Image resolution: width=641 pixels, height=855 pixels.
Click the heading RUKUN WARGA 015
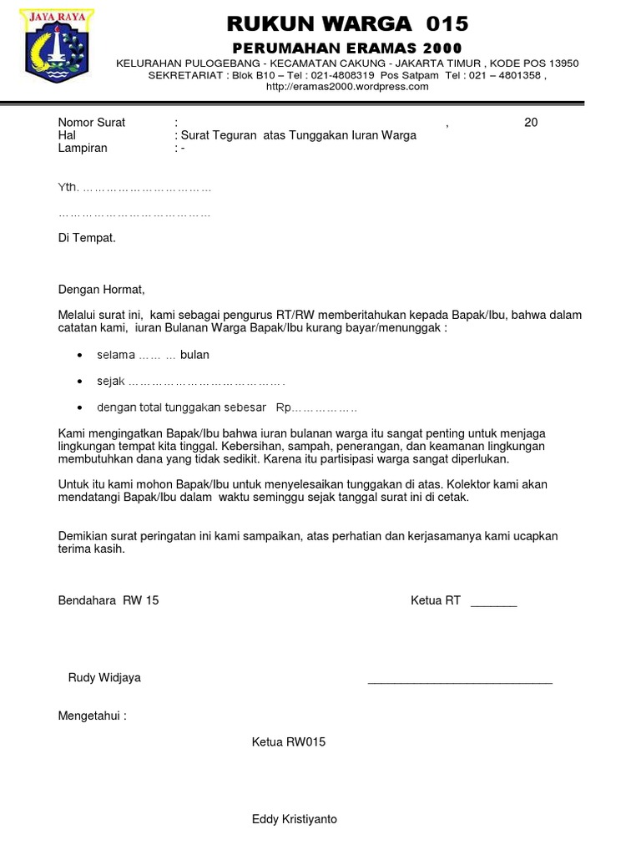(x=347, y=23)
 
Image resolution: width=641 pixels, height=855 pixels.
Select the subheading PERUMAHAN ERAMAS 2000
(x=346, y=47)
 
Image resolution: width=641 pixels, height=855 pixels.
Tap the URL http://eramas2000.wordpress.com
(x=347, y=86)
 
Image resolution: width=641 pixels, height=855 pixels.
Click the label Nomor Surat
(x=92, y=123)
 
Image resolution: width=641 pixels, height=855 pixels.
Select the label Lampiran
(x=83, y=149)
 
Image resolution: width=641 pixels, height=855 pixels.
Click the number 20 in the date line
(x=531, y=123)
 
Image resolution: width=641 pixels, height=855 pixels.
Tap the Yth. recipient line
(x=134, y=189)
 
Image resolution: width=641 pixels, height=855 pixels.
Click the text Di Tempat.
(x=87, y=238)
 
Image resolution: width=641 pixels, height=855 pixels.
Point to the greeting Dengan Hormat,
(x=101, y=290)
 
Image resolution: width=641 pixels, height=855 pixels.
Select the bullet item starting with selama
(x=153, y=355)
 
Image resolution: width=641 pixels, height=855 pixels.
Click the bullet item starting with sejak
(x=190, y=382)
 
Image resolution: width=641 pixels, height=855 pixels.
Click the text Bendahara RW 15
(x=109, y=601)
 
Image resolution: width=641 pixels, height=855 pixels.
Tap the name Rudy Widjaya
(x=104, y=677)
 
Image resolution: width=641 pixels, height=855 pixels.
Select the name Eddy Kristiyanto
(x=295, y=819)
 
